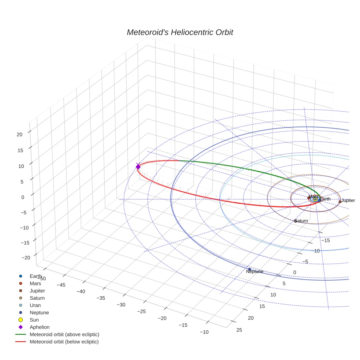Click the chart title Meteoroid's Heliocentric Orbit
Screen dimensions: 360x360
[180, 32]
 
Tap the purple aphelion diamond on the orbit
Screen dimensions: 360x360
[138, 166]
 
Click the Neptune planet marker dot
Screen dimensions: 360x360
[250, 269]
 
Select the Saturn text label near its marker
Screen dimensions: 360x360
[301, 221]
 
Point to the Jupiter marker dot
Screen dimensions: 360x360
[340, 202]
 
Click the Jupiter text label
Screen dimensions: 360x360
[348, 200]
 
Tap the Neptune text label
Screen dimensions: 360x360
[255, 271]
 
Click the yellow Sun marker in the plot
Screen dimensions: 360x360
[315, 199]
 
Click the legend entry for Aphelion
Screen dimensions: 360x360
[40, 327]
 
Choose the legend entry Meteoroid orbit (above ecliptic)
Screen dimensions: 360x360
[64, 334]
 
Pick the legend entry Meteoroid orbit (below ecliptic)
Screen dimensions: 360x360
[64, 342]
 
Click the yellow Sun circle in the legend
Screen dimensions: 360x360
[21, 320]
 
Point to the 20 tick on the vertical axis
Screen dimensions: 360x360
[19, 134]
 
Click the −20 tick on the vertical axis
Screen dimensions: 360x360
[26, 258]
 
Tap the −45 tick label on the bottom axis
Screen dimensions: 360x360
[61, 285]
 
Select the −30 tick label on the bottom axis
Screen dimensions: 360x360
[121, 304]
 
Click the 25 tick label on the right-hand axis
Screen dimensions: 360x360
[239, 330]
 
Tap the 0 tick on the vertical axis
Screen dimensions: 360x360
[22, 197]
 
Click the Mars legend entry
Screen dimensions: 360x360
[35, 283]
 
